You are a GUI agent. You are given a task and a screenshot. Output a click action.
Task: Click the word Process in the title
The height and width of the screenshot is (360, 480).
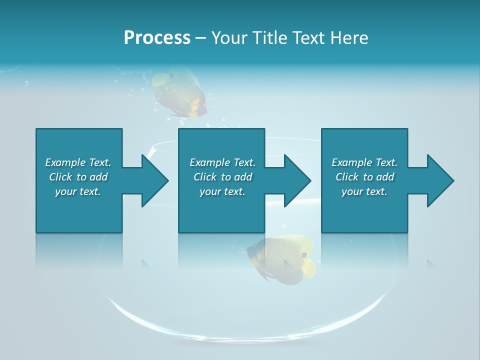coord(157,38)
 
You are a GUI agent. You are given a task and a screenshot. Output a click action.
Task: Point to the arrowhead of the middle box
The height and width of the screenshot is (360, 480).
coord(297,180)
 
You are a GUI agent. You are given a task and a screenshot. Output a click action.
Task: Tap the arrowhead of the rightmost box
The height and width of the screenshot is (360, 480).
coord(440,180)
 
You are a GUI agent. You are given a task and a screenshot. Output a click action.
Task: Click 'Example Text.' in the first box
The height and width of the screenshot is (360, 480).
coord(78,162)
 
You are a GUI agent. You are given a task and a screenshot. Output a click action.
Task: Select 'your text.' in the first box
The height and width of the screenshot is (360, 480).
coord(78,191)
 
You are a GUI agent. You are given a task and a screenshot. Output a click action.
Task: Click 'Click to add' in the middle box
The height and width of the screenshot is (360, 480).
coord(222,177)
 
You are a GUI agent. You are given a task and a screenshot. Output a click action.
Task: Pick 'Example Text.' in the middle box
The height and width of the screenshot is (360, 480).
coord(222,162)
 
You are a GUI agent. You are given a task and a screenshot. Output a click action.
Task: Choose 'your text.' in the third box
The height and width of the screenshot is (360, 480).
coord(364,191)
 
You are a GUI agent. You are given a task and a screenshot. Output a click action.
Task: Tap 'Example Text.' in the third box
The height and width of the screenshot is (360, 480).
coord(364,162)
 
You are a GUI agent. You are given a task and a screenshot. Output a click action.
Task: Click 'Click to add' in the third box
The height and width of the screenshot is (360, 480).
coord(364,177)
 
